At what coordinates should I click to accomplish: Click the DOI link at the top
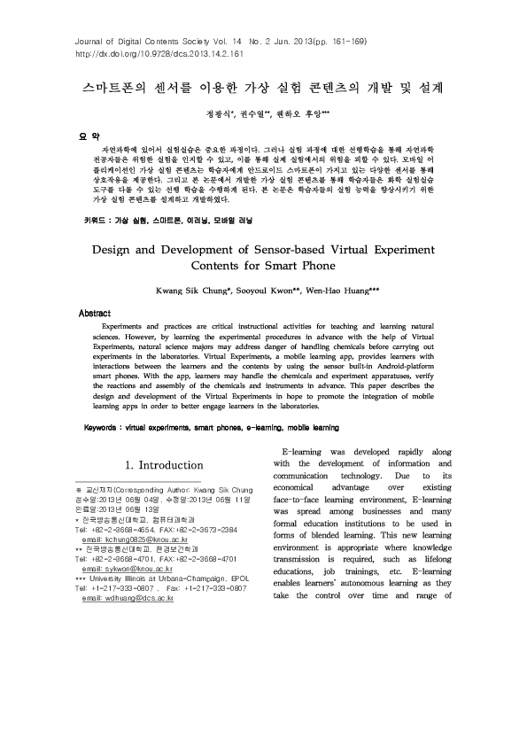pos(149,54)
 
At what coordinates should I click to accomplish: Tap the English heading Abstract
pos(95,314)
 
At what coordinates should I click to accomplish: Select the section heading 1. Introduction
pos(166,464)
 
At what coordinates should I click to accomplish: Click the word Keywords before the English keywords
pos(102,427)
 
